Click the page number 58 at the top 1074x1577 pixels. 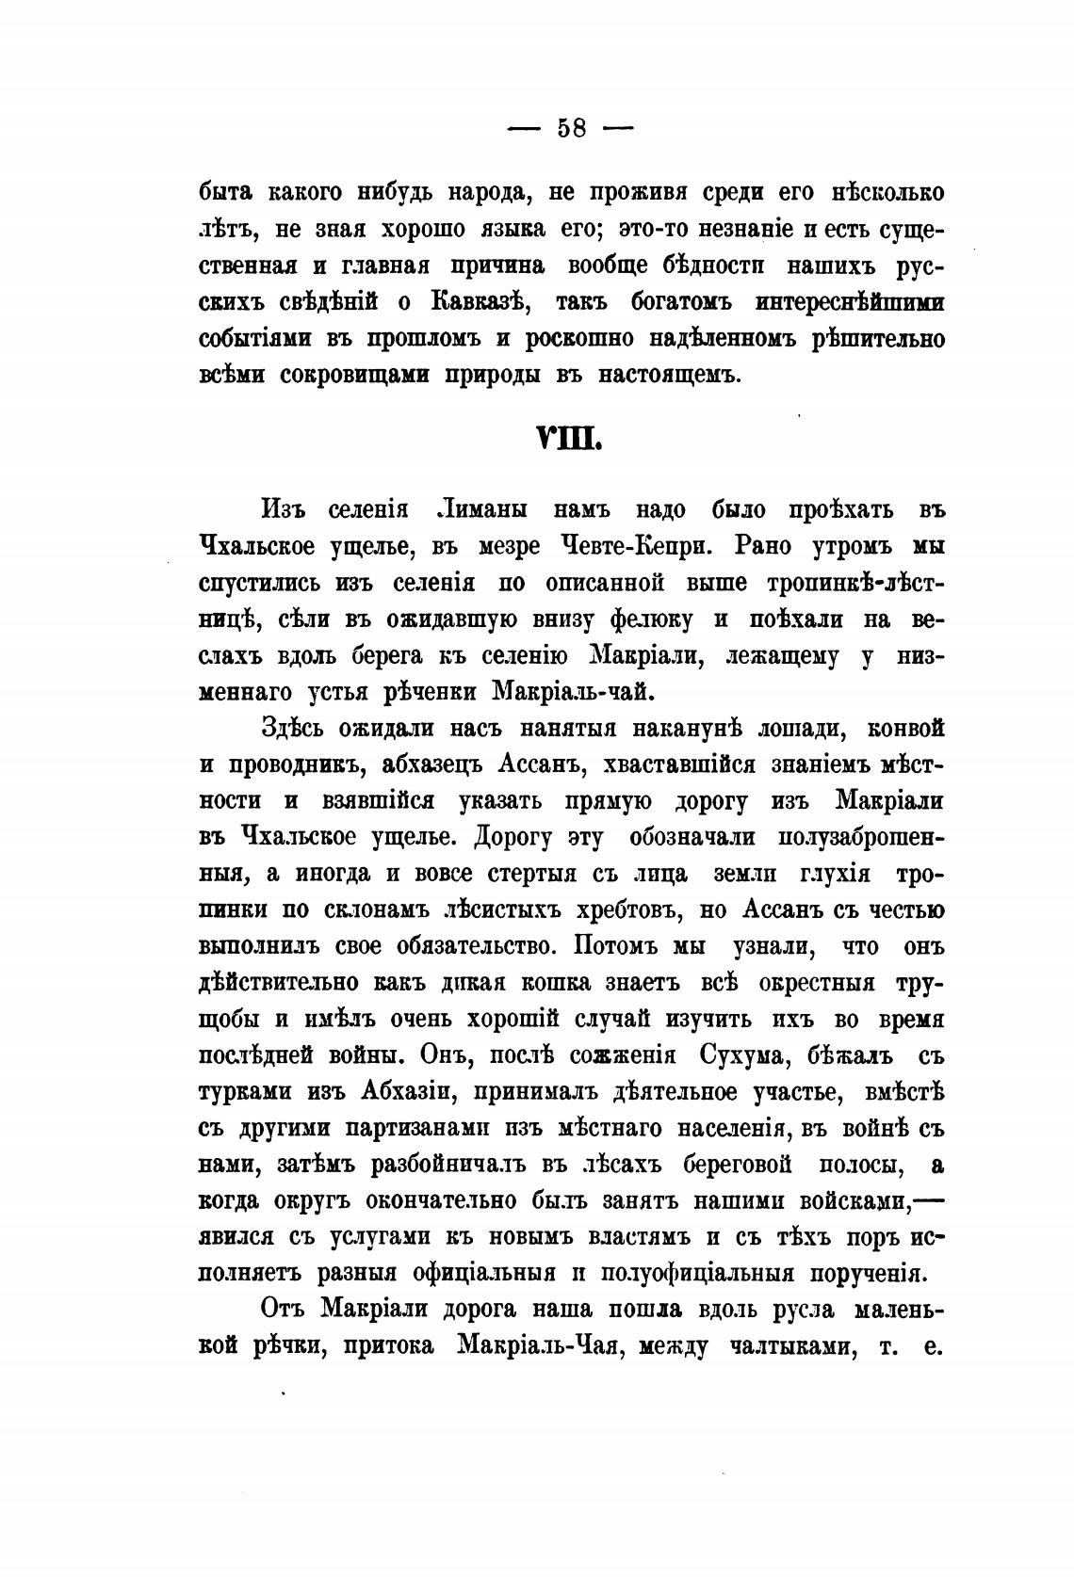571,128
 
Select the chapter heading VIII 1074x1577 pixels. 568,440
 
